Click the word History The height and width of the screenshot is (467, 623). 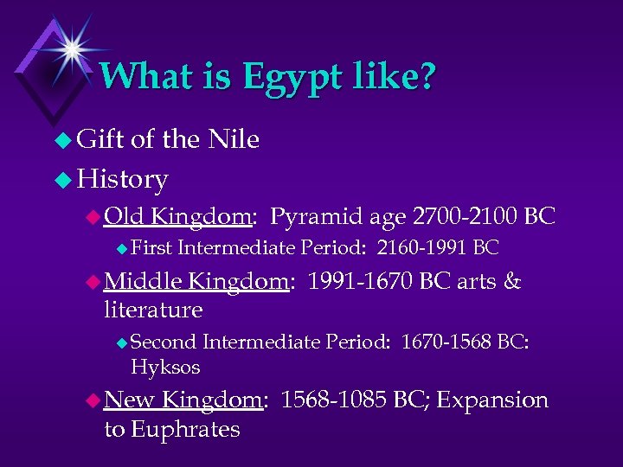pos(122,179)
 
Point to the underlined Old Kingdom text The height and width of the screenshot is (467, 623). pos(178,216)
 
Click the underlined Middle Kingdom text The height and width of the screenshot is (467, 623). pos(196,281)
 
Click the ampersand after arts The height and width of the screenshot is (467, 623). pos(512,281)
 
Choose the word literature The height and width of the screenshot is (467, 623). pos(153,309)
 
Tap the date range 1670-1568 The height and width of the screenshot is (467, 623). pos(446,342)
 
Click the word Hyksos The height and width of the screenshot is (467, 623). pos(165,368)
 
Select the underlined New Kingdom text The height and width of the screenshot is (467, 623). pos(183,400)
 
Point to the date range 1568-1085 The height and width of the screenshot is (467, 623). pos(335,400)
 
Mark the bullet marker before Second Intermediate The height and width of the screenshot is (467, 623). pos(121,342)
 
